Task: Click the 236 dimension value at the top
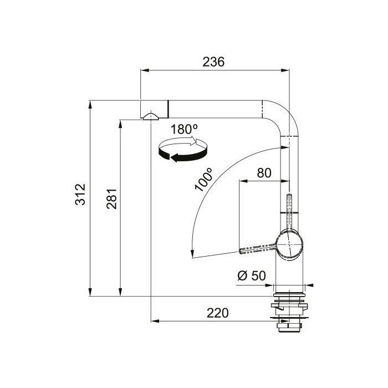click(213, 62)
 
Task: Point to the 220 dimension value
click(218, 313)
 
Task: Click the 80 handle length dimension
click(264, 172)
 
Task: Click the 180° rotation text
click(185, 130)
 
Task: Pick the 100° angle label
click(204, 178)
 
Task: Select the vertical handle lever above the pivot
click(289, 210)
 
